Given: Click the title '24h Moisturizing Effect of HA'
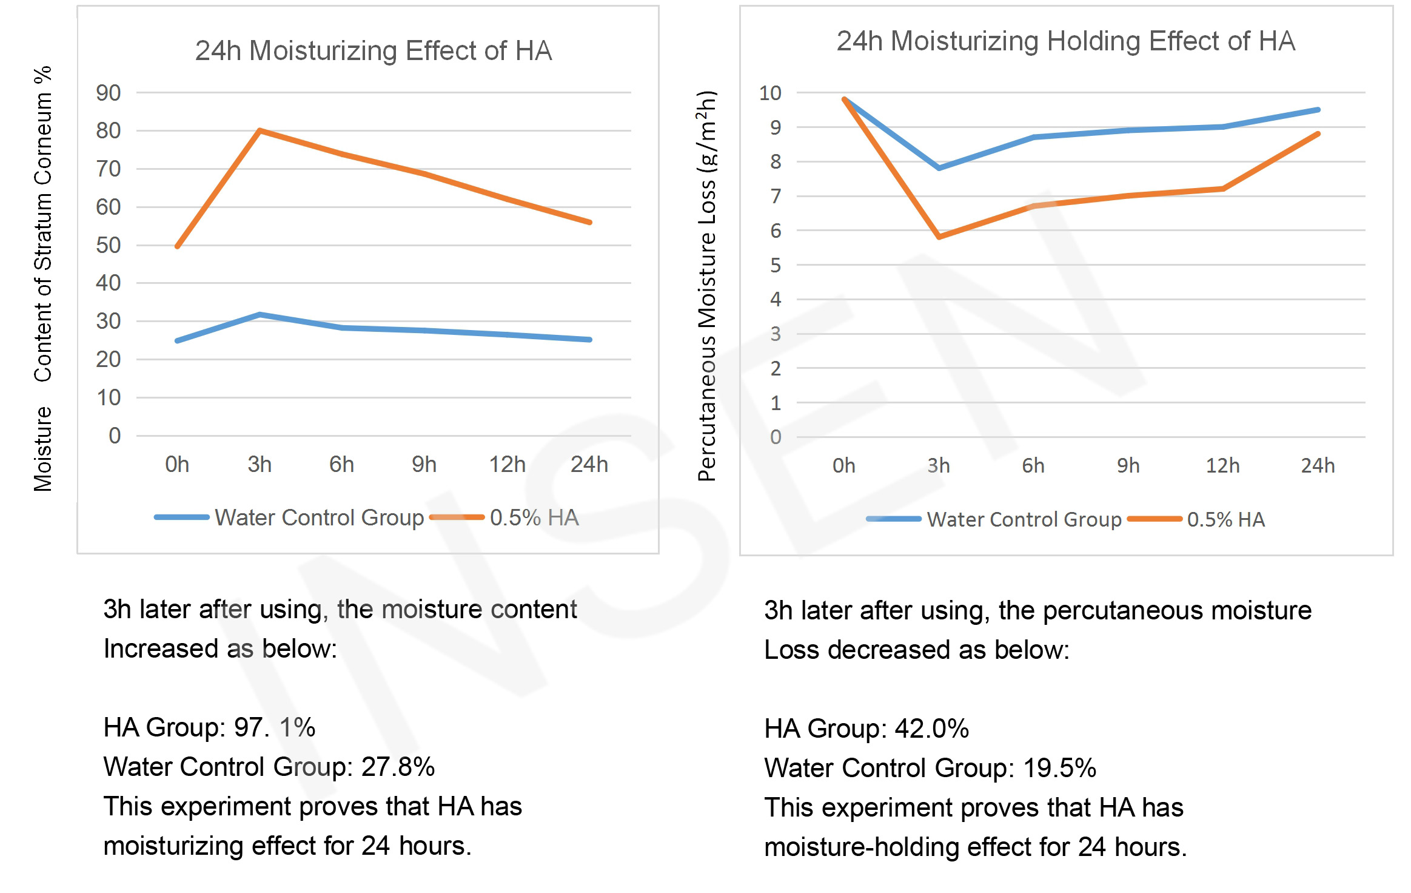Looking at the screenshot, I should (x=373, y=51).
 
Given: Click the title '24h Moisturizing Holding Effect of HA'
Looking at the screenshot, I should (x=1065, y=41).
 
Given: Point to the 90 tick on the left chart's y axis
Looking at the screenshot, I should (x=109, y=93).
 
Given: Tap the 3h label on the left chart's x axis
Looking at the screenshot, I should (x=260, y=465).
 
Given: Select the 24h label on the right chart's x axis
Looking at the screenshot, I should (x=1317, y=466).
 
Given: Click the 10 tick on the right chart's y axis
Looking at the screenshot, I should (x=770, y=93).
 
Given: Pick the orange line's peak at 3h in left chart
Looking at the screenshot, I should (x=260, y=130).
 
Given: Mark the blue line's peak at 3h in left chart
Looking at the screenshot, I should (x=260, y=314).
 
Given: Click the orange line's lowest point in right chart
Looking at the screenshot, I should (x=939, y=237).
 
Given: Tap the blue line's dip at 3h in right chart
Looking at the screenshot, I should (x=939, y=168).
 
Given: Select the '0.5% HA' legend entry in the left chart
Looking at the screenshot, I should (x=534, y=517).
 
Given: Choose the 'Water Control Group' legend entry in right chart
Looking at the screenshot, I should (x=1024, y=519).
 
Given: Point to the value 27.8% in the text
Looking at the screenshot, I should (x=398, y=767).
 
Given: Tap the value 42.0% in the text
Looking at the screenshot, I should (x=931, y=728).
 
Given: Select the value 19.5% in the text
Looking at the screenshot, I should (x=1059, y=768).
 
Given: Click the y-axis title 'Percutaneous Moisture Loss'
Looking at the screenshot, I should (x=707, y=285).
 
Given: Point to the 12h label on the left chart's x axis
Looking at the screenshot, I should (x=507, y=465).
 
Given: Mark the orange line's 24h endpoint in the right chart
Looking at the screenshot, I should (x=1318, y=134).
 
